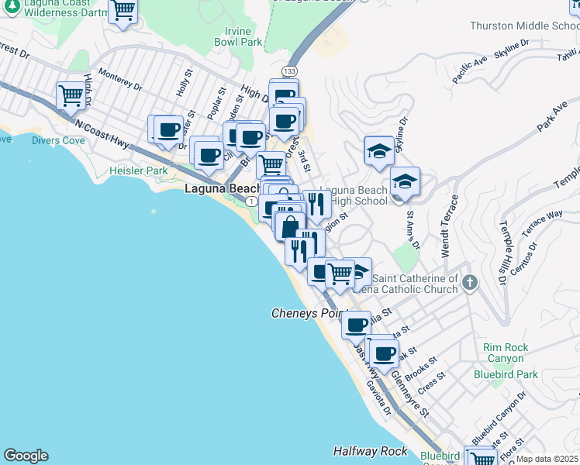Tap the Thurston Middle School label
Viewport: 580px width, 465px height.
pyautogui.click(x=524, y=26)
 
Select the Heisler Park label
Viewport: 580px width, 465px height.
pyautogui.click(x=139, y=170)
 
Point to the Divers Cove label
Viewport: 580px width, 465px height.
pyautogui.click(x=59, y=140)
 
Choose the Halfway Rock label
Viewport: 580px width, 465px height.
pyautogui.click(x=371, y=450)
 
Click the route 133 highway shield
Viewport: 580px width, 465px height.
pyautogui.click(x=289, y=71)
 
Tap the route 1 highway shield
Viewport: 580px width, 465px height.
pyautogui.click(x=251, y=201)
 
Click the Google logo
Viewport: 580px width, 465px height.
pyautogui.click(x=26, y=456)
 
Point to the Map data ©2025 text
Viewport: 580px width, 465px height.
pyautogui.click(x=547, y=459)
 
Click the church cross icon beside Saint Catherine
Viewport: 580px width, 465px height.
pyautogui.click(x=469, y=284)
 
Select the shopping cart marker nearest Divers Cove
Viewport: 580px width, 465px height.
pyautogui.click(x=71, y=96)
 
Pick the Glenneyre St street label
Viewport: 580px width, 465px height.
pyautogui.click(x=409, y=392)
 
